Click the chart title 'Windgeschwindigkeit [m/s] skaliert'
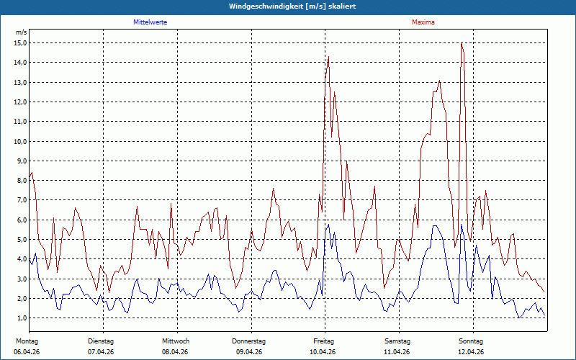(x=292, y=6)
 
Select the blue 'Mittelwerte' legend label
(x=150, y=22)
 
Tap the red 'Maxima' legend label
(x=423, y=22)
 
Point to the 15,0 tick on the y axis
(x=21, y=43)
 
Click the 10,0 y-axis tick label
(x=21, y=141)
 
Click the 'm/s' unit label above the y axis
(x=21, y=32)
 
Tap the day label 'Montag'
(x=27, y=341)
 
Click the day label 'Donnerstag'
(x=248, y=341)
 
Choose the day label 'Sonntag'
(x=471, y=341)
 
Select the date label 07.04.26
(x=101, y=352)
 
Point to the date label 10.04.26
(x=323, y=352)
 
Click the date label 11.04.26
(x=397, y=352)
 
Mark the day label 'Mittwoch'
(x=176, y=341)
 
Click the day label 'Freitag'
(x=323, y=341)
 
